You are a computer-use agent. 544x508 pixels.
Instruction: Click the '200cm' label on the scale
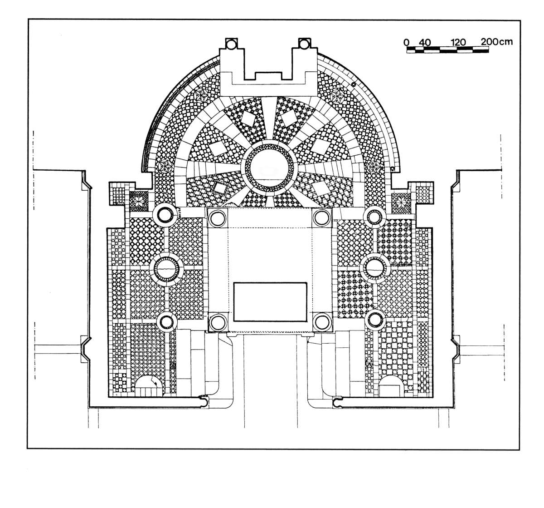coord(497,41)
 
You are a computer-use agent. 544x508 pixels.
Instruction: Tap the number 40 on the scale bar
coord(424,42)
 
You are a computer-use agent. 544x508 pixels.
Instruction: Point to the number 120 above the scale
coord(459,42)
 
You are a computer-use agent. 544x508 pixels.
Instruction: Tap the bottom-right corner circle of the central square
coord(321,322)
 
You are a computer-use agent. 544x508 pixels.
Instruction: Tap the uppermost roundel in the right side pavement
coord(374,217)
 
